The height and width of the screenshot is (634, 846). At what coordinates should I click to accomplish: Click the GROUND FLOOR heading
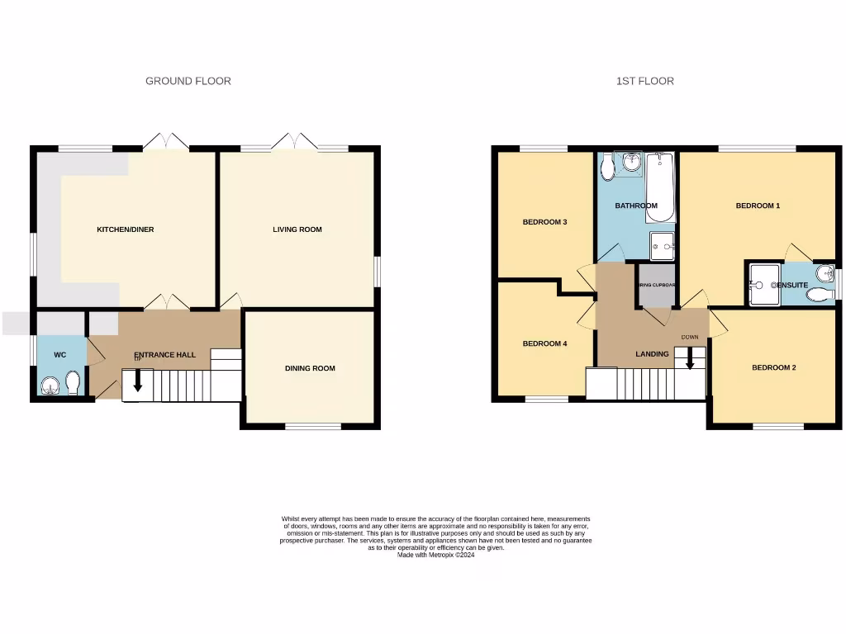point(188,81)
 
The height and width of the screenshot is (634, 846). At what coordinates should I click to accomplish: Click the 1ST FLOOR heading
point(644,81)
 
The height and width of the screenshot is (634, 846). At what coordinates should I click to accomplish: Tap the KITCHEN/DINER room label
point(126,229)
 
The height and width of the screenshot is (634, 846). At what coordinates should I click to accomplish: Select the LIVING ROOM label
point(297,229)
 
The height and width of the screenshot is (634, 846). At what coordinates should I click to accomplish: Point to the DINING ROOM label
point(310,368)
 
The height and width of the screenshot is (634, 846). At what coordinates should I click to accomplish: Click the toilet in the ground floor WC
point(73,383)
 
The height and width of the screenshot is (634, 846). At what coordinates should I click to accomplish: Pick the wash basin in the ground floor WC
point(51,385)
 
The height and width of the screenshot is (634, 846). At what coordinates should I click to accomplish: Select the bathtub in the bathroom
point(660,187)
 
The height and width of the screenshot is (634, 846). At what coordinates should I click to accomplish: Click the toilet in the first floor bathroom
point(608,168)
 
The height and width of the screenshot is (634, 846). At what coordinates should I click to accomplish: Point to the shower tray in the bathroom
point(662,245)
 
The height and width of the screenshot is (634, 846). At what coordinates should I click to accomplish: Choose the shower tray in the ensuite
point(763,284)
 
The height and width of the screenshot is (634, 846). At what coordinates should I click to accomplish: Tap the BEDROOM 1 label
point(758,206)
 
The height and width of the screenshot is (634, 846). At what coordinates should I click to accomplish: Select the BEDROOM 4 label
point(544,343)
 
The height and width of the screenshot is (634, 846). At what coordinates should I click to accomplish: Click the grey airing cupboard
point(657,285)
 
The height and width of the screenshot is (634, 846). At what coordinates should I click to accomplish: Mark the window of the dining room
point(313,427)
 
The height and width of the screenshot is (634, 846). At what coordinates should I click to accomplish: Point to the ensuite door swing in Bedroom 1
point(797,251)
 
